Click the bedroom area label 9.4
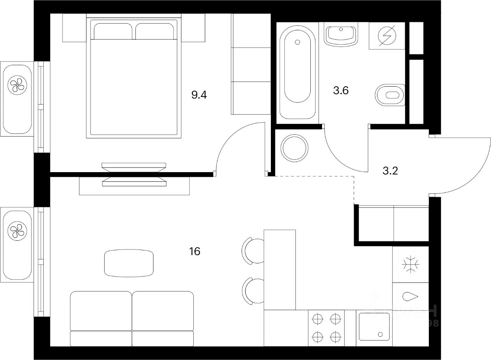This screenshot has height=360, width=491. click(x=199, y=94)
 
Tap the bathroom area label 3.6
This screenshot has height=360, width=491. click(x=341, y=91)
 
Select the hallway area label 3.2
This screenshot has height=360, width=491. click(x=390, y=170)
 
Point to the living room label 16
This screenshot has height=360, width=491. click(x=194, y=252)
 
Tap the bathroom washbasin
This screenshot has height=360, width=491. click(x=341, y=34)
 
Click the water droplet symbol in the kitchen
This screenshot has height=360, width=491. click(x=410, y=296)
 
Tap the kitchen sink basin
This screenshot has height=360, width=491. click(x=374, y=326)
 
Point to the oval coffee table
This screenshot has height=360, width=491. click(x=129, y=263)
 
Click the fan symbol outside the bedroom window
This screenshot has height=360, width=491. click(x=17, y=85)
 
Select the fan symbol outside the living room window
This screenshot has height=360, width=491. click(x=17, y=231)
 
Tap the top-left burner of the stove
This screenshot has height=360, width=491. click(x=318, y=318)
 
